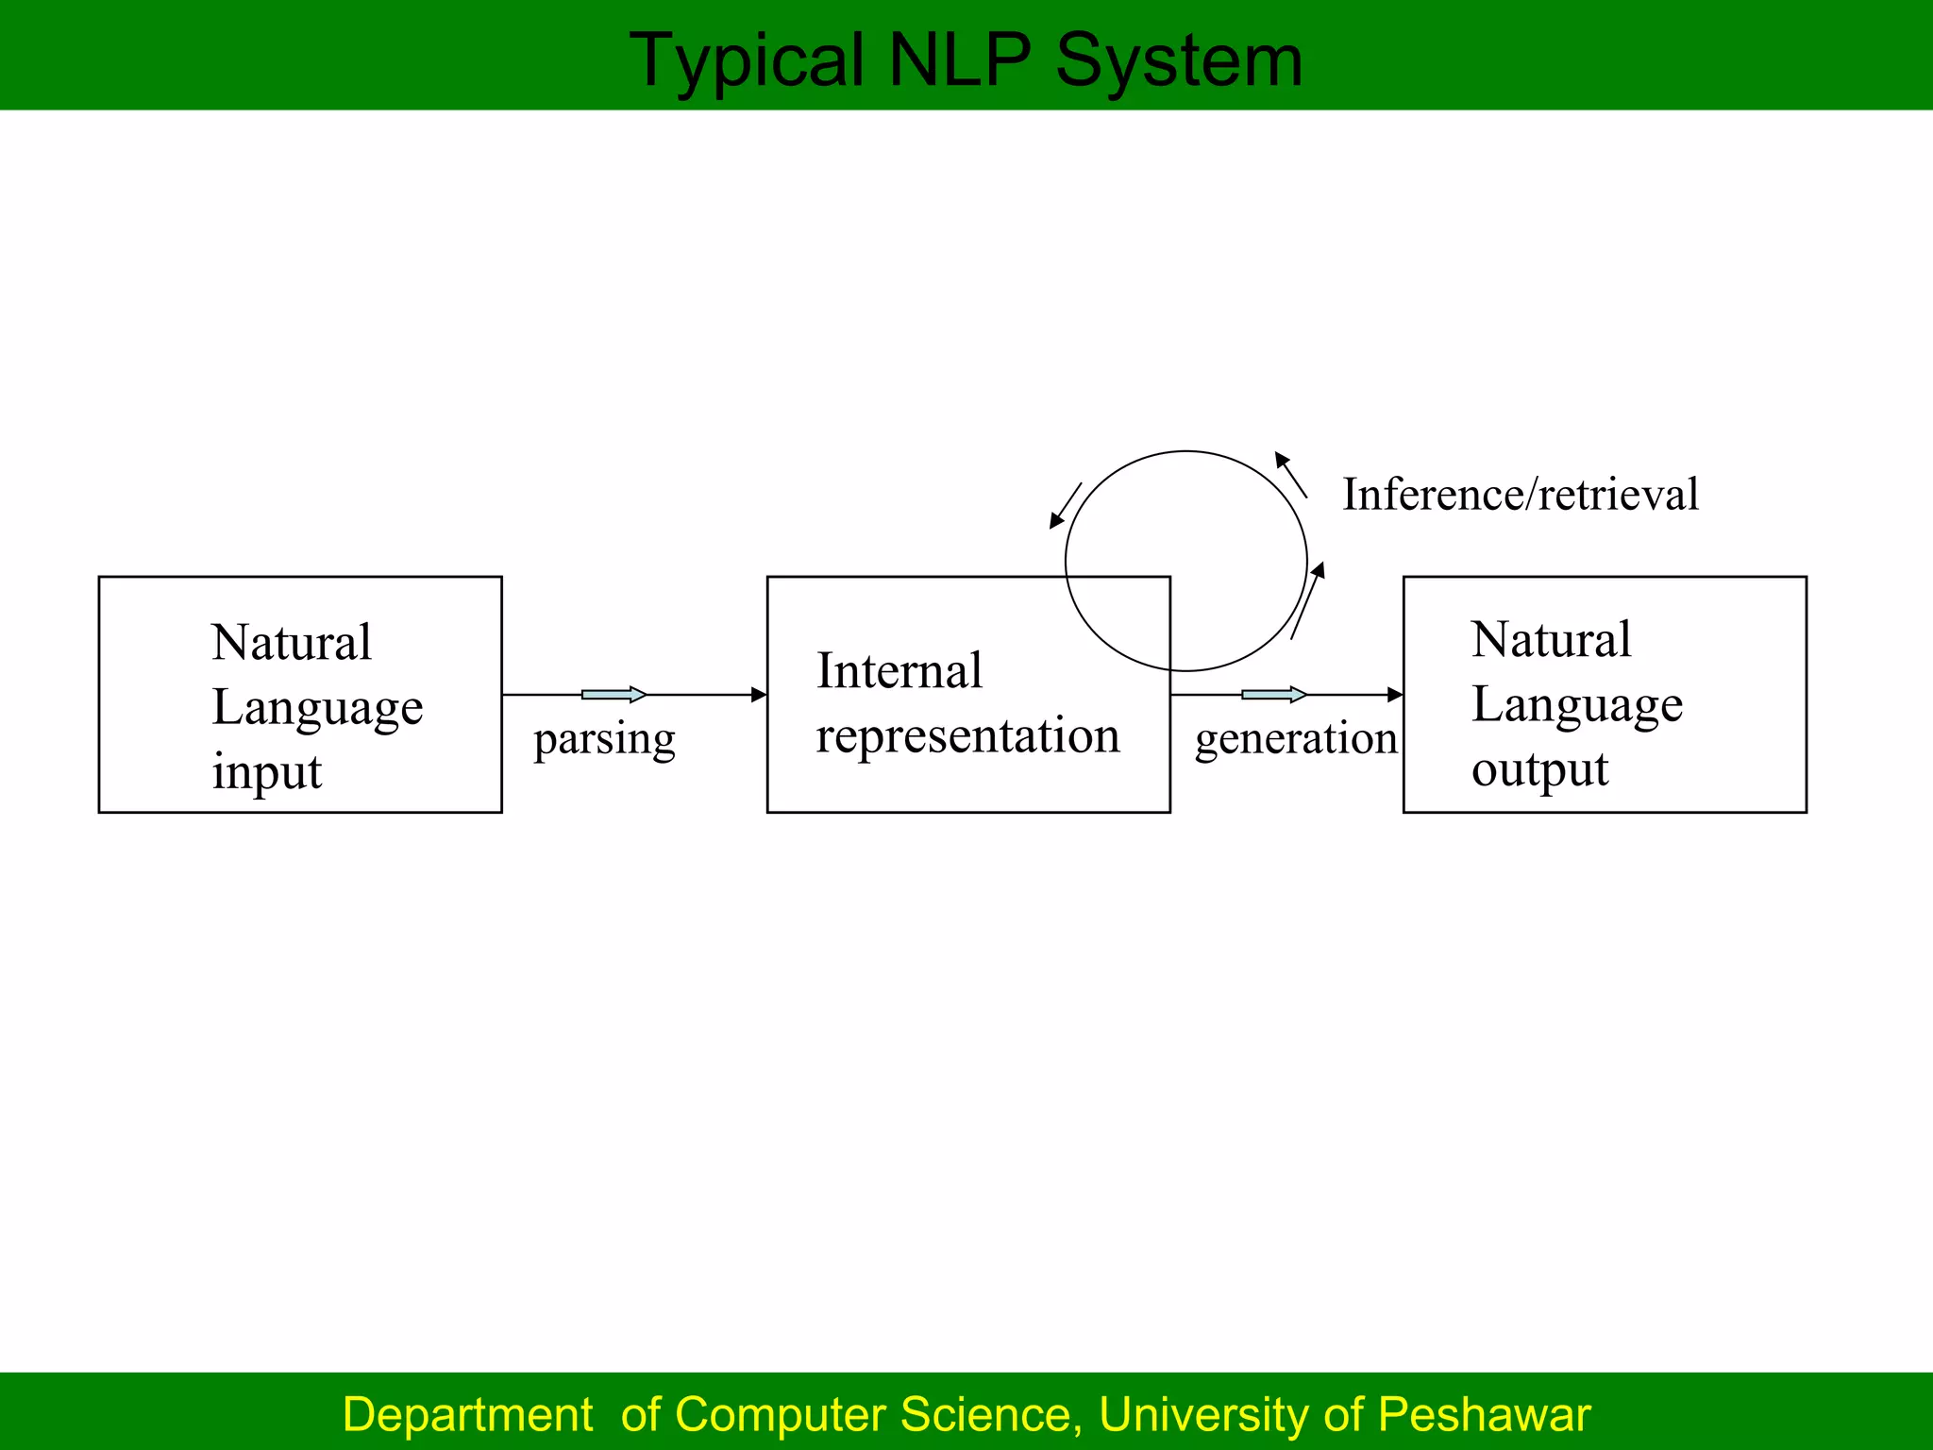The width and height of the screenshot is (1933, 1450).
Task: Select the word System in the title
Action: point(1179,60)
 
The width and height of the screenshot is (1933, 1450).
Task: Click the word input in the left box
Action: point(266,771)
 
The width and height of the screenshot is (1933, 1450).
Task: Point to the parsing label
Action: point(604,739)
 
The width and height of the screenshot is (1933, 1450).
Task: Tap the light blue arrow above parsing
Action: point(614,695)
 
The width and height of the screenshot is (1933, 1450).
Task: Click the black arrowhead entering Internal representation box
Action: point(759,695)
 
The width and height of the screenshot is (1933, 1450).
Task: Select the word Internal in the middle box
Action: point(899,671)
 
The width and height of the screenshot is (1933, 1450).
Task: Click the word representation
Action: point(967,735)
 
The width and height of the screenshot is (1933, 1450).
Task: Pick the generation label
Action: point(1295,738)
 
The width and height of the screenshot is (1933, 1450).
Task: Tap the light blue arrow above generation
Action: point(1273,695)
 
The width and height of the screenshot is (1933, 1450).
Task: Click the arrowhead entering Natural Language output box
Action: point(1395,695)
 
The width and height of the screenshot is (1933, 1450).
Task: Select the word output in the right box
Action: point(1539,769)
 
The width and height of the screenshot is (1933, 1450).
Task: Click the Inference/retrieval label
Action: point(1521,494)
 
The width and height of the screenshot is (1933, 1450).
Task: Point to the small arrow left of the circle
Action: point(1066,506)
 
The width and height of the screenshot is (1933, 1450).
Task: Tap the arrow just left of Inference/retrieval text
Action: point(1290,475)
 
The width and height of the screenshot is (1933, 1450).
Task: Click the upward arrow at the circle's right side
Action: point(1307,600)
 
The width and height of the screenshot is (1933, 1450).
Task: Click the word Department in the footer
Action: point(467,1414)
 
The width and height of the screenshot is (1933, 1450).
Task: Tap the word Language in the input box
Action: point(317,708)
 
